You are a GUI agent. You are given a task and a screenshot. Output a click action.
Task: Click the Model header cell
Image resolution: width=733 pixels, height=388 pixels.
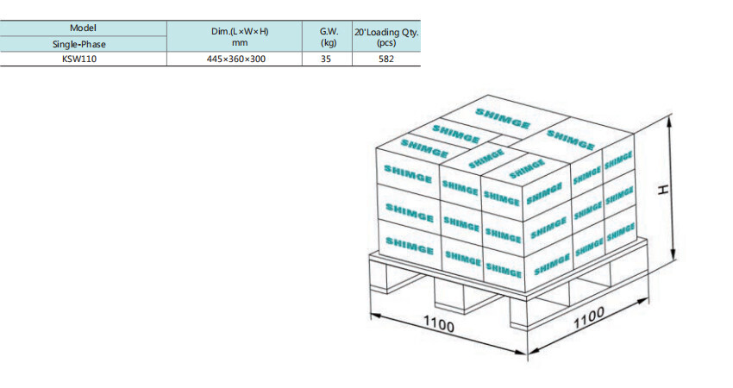(83, 28)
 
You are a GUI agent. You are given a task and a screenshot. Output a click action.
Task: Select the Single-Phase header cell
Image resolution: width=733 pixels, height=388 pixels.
(83, 43)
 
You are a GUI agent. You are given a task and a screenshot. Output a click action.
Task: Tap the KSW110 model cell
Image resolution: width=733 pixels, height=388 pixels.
(83, 59)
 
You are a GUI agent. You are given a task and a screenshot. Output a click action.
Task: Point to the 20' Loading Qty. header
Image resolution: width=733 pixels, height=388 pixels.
(386, 31)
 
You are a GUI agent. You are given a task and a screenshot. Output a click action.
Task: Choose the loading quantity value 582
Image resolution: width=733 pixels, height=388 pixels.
(386, 59)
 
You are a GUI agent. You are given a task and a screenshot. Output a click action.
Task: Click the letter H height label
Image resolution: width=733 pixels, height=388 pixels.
(663, 190)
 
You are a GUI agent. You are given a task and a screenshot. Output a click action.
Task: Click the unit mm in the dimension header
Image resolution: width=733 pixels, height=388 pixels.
(240, 41)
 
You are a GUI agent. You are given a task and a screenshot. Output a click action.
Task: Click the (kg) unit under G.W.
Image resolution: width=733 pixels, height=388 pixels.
(328, 41)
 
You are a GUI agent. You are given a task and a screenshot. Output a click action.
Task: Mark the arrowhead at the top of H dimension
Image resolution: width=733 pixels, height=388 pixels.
(673, 116)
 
